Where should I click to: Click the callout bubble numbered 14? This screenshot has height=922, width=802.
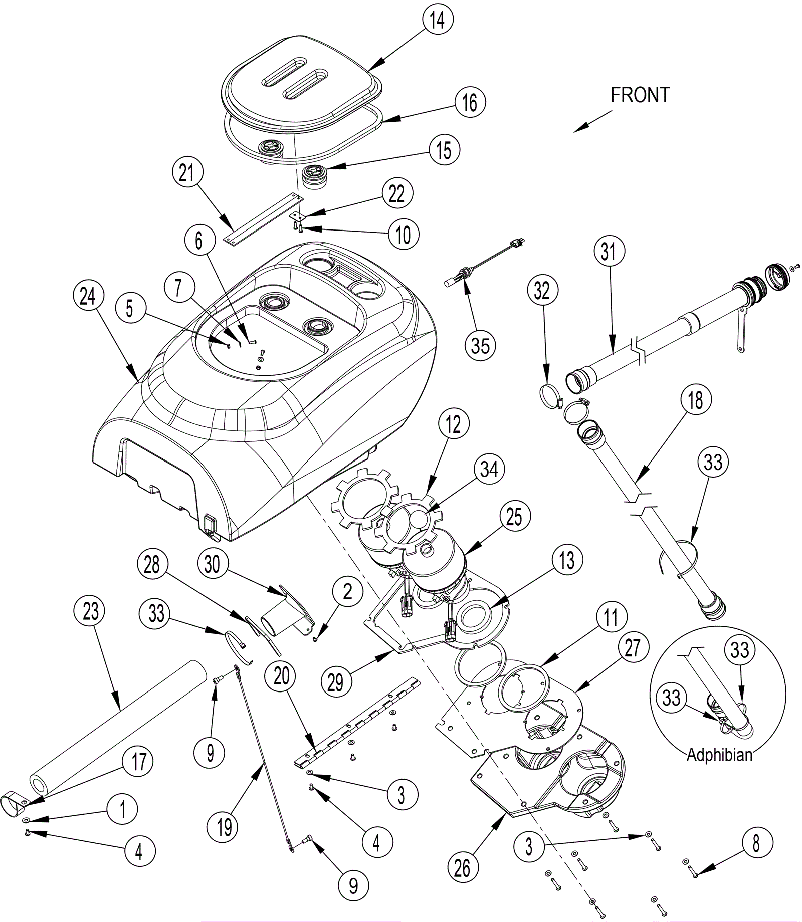point(437,21)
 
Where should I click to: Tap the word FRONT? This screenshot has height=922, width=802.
point(640,95)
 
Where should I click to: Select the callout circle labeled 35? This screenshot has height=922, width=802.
point(480,345)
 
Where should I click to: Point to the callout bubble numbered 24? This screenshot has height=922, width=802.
point(88,296)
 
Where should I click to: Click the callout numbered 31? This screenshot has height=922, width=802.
point(609,251)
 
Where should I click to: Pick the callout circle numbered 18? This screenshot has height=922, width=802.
point(695,400)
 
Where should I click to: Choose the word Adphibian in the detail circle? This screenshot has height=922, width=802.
point(719,755)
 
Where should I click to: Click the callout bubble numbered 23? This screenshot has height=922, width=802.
point(90,611)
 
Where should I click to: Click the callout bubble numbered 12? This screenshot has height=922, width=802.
point(453,424)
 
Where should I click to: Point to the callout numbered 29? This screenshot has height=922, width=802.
point(335,682)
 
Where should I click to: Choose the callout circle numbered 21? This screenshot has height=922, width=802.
point(186,173)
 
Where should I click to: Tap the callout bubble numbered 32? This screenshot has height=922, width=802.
point(542,291)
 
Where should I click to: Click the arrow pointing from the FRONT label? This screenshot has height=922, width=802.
point(593,121)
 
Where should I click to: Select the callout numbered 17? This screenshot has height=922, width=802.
point(139,762)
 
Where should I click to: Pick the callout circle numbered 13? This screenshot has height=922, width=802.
point(567,560)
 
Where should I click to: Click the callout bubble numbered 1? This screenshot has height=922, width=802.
point(122,808)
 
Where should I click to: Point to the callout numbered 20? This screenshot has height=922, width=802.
point(282,676)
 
